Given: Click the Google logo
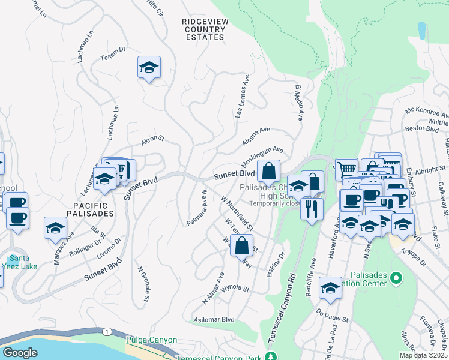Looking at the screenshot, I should click(20, 353).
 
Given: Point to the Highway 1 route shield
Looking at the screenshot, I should click(107, 332).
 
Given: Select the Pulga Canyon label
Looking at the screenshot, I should click(151, 340).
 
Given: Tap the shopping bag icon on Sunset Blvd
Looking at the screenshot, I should click(268, 172).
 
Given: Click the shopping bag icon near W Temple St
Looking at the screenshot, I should click(241, 245).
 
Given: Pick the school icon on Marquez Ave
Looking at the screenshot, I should click(55, 229).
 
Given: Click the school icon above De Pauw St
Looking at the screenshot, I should click(330, 289).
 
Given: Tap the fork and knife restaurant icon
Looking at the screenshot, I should click(311, 209).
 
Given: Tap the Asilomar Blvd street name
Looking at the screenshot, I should click(214, 320).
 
